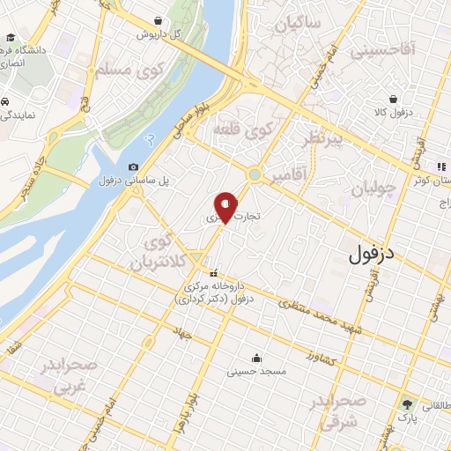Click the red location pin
tap(225, 206)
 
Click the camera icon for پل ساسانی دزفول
tap(133, 167)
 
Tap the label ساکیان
tap(297, 26)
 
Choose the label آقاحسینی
tap(381, 52)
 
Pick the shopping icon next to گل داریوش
tap(158, 20)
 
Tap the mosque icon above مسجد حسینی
tap(255, 358)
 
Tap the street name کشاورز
tap(322, 356)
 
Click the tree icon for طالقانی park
tap(406, 405)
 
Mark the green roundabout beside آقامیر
tap(255, 174)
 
